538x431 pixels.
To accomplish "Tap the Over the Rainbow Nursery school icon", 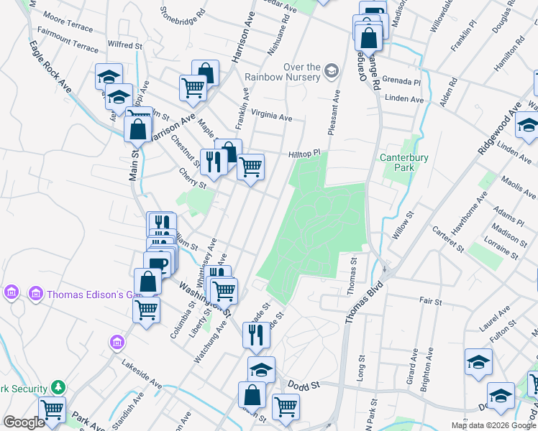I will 331,70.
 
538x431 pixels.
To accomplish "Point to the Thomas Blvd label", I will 365,301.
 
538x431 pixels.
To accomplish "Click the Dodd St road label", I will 304,386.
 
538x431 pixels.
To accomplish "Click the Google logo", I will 24,422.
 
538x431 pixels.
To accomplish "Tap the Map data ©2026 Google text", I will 494,425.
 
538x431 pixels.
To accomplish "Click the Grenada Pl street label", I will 401,81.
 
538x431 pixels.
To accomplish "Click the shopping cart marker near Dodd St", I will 286,407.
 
